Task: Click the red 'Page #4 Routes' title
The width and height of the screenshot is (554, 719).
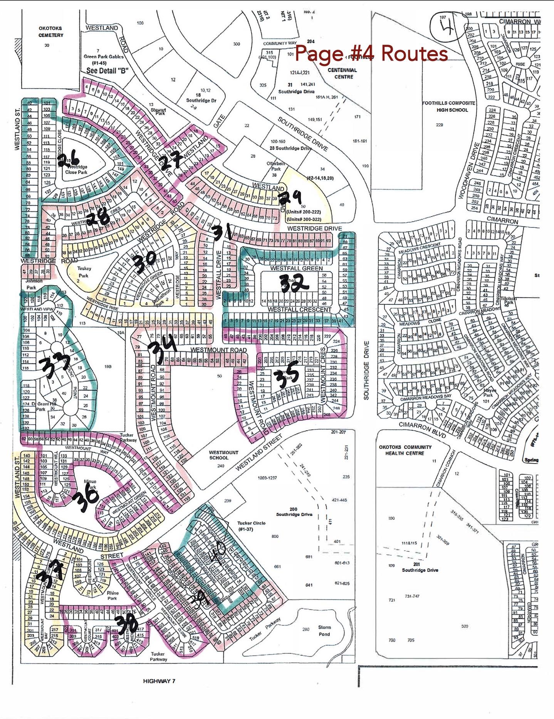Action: [371, 53]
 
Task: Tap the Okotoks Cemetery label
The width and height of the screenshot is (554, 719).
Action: [50, 32]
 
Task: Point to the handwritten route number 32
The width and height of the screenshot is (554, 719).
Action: [294, 283]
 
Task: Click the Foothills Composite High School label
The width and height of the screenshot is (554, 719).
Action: [449, 106]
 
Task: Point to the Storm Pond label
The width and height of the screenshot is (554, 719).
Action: [324, 630]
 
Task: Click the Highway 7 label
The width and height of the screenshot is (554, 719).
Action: [159, 681]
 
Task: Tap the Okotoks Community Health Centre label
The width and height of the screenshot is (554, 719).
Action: [405, 450]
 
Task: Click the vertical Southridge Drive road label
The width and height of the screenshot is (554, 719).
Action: [366, 370]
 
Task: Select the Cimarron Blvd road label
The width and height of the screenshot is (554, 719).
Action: [423, 430]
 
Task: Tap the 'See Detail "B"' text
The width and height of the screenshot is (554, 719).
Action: [107, 71]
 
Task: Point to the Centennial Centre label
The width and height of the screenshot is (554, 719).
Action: [342, 73]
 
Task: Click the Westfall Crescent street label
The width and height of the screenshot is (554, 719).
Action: [299, 309]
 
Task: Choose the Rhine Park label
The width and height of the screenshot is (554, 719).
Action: [112, 595]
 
